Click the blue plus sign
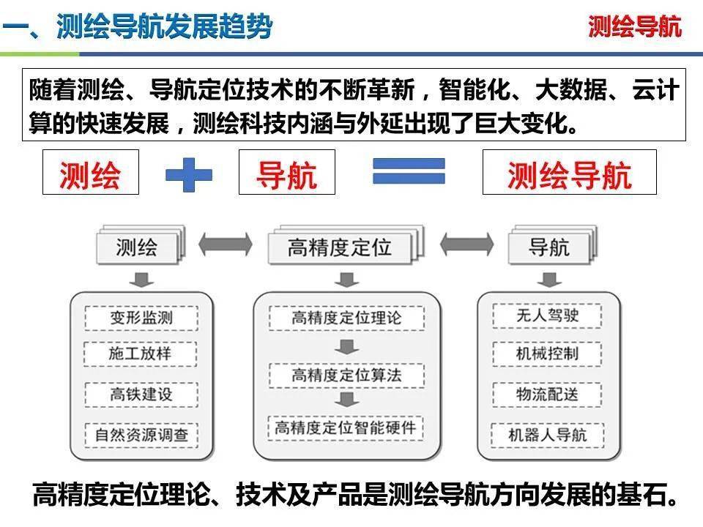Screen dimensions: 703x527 (189, 174)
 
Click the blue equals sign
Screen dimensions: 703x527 (409, 171)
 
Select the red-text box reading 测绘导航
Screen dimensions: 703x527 (570, 172)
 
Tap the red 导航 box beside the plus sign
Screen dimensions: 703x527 (287, 172)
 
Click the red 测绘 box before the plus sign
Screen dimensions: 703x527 (91, 172)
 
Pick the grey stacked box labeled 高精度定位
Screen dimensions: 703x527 (345, 245)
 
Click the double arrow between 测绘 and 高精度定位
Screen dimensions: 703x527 (226, 244)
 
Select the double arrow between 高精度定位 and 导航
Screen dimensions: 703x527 (466, 244)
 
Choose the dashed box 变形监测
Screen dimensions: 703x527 (141, 318)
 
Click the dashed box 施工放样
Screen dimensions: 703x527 (141, 354)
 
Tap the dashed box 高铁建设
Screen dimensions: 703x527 (141, 395)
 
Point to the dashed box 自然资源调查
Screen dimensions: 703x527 (141, 435)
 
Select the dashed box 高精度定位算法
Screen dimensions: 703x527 (346, 375)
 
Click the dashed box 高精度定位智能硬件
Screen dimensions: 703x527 (346, 428)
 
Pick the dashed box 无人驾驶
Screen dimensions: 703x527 (547, 315)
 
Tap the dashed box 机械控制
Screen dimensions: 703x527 (547, 354)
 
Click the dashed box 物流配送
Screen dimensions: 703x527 (547, 395)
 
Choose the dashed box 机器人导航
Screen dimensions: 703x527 (548, 435)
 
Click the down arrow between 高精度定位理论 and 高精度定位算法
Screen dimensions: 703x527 (346, 346)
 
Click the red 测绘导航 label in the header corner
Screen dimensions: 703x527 (635, 26)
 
